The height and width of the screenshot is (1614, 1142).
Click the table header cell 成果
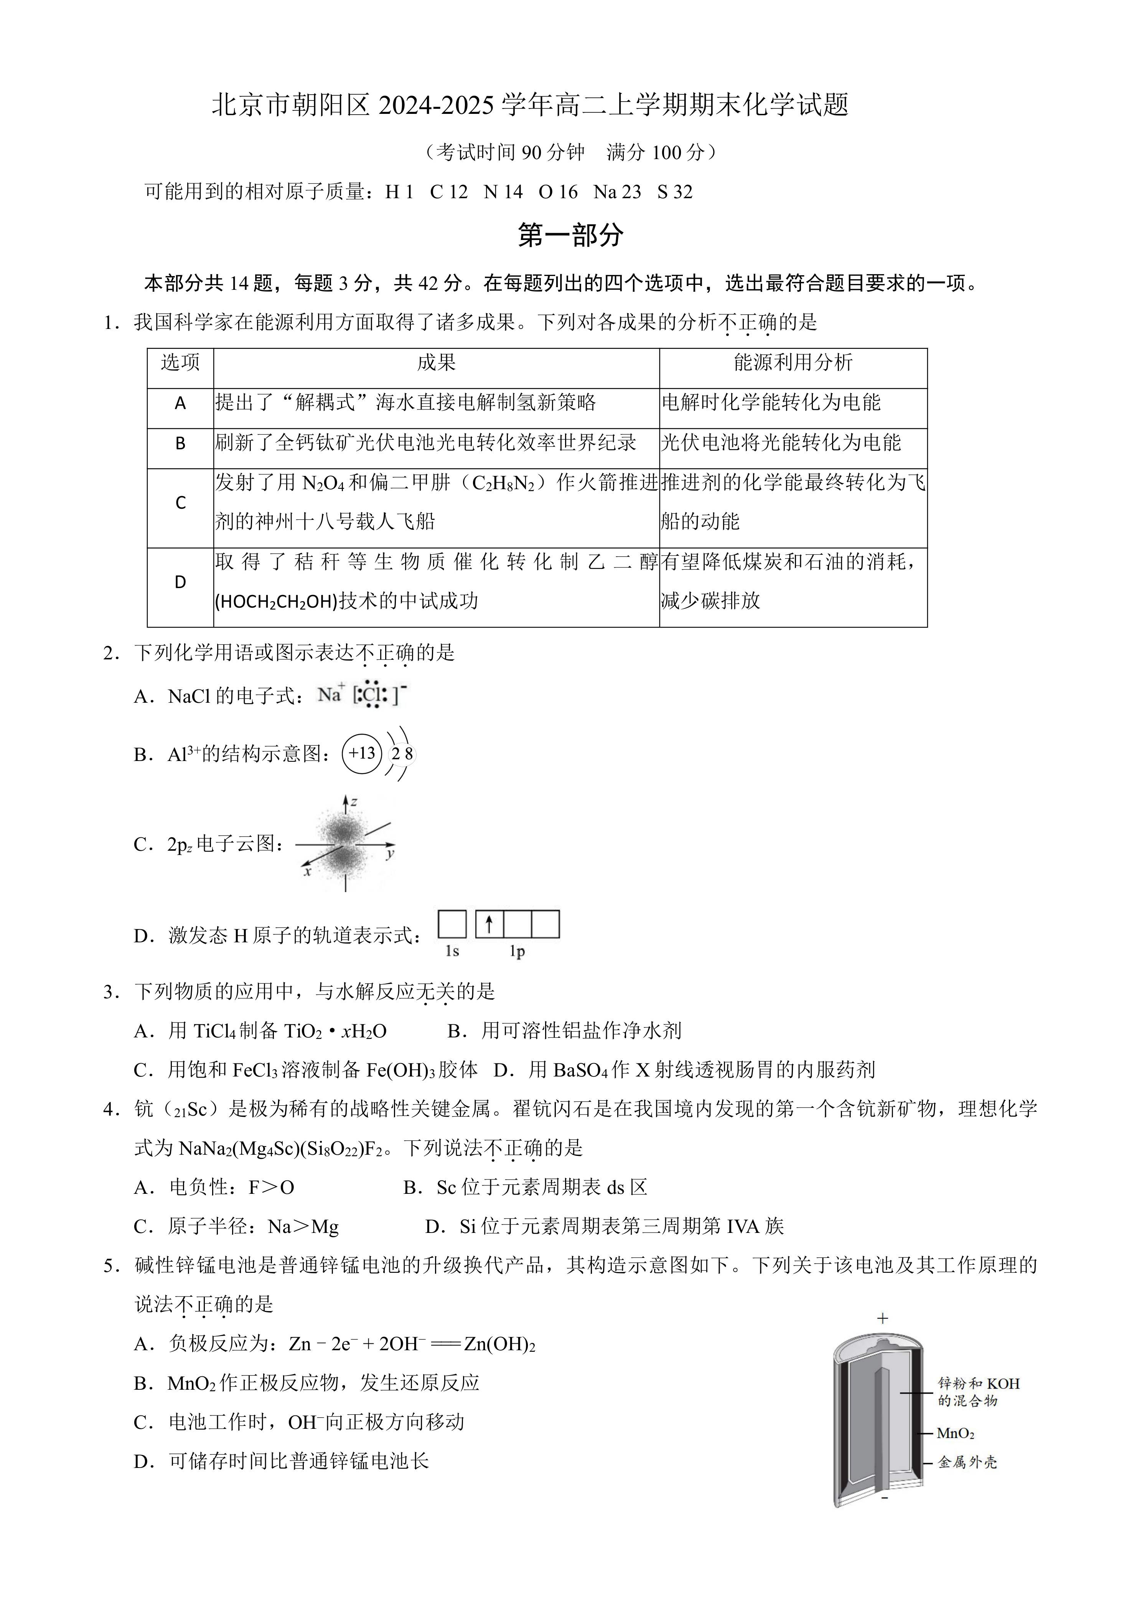[436, 363]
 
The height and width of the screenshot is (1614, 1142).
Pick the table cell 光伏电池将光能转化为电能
[781, 443]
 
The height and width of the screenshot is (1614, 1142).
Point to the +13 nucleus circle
[362, 754]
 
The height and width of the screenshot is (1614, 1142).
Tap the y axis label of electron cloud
[390, 854]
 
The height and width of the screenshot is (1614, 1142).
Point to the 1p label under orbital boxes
[517, 952]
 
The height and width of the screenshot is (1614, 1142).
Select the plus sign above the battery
[883, 1319]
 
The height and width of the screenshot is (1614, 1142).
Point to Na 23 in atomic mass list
[617, 192]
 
